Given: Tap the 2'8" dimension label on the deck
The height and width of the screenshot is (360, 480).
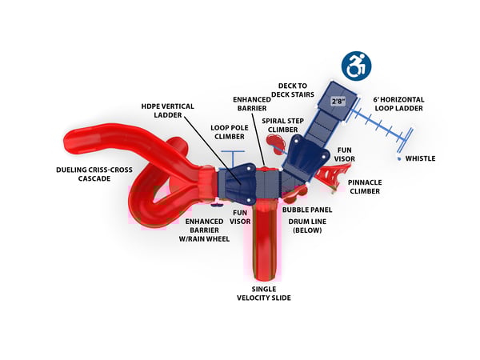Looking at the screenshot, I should tap(340, 101).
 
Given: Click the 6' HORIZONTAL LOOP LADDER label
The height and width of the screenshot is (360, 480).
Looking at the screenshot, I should tap(398, 104).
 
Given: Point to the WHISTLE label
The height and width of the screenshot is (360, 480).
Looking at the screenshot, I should tap(420, 158).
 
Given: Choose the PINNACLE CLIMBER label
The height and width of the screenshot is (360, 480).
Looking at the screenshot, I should tap(369, 186).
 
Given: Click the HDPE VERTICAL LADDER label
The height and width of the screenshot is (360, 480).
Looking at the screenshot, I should tap(162, 111).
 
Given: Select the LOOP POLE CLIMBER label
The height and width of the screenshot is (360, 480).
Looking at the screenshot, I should tap(230, 131).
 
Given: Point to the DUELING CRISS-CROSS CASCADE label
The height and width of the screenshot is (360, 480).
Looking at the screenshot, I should tap(90, 174).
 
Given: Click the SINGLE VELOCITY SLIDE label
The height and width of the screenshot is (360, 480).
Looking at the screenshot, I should tap(263, 293).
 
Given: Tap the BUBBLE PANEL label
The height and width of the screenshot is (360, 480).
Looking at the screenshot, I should tap(307, 210).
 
